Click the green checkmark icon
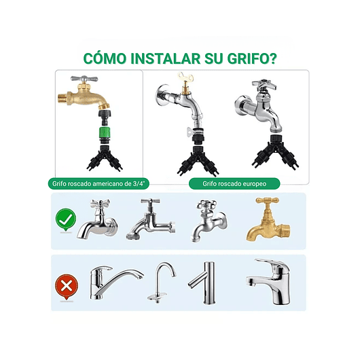pos(65,221)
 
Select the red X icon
pos(65,284)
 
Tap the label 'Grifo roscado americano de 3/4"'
pos(98,183)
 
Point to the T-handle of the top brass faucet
pos(88,79)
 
